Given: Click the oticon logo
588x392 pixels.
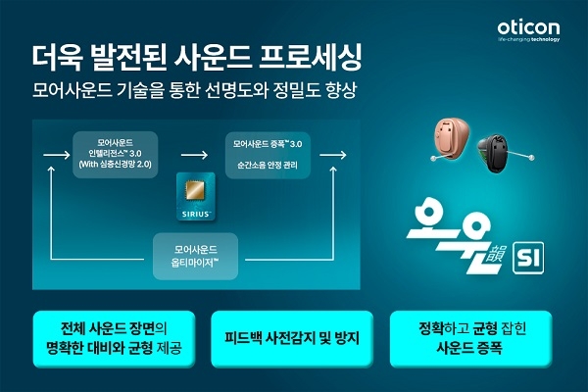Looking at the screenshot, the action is [528, 30].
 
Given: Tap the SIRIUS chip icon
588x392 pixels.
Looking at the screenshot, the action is [196, 196].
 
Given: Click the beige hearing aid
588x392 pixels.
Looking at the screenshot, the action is [451, 138].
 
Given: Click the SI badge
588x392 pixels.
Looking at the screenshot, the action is [528, 258].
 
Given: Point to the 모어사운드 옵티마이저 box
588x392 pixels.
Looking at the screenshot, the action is [195, 256].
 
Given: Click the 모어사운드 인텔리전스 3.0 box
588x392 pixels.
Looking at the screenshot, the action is [115, 154].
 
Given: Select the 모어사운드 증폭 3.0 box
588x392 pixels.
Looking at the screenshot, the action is [268, 155].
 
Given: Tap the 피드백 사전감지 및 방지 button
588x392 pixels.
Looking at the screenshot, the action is [292, 338].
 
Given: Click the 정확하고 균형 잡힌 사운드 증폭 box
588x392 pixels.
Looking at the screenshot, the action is [471, 338].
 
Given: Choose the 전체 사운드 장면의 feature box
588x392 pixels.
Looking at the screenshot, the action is [114, 338].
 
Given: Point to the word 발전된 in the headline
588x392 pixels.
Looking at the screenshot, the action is [128, 58].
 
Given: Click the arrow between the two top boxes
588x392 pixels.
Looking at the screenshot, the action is [194, 155].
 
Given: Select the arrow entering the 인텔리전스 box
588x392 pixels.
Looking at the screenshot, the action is [57, 155].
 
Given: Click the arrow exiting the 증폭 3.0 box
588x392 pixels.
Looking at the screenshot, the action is [333, 155].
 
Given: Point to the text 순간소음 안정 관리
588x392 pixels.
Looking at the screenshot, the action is [268, 165].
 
